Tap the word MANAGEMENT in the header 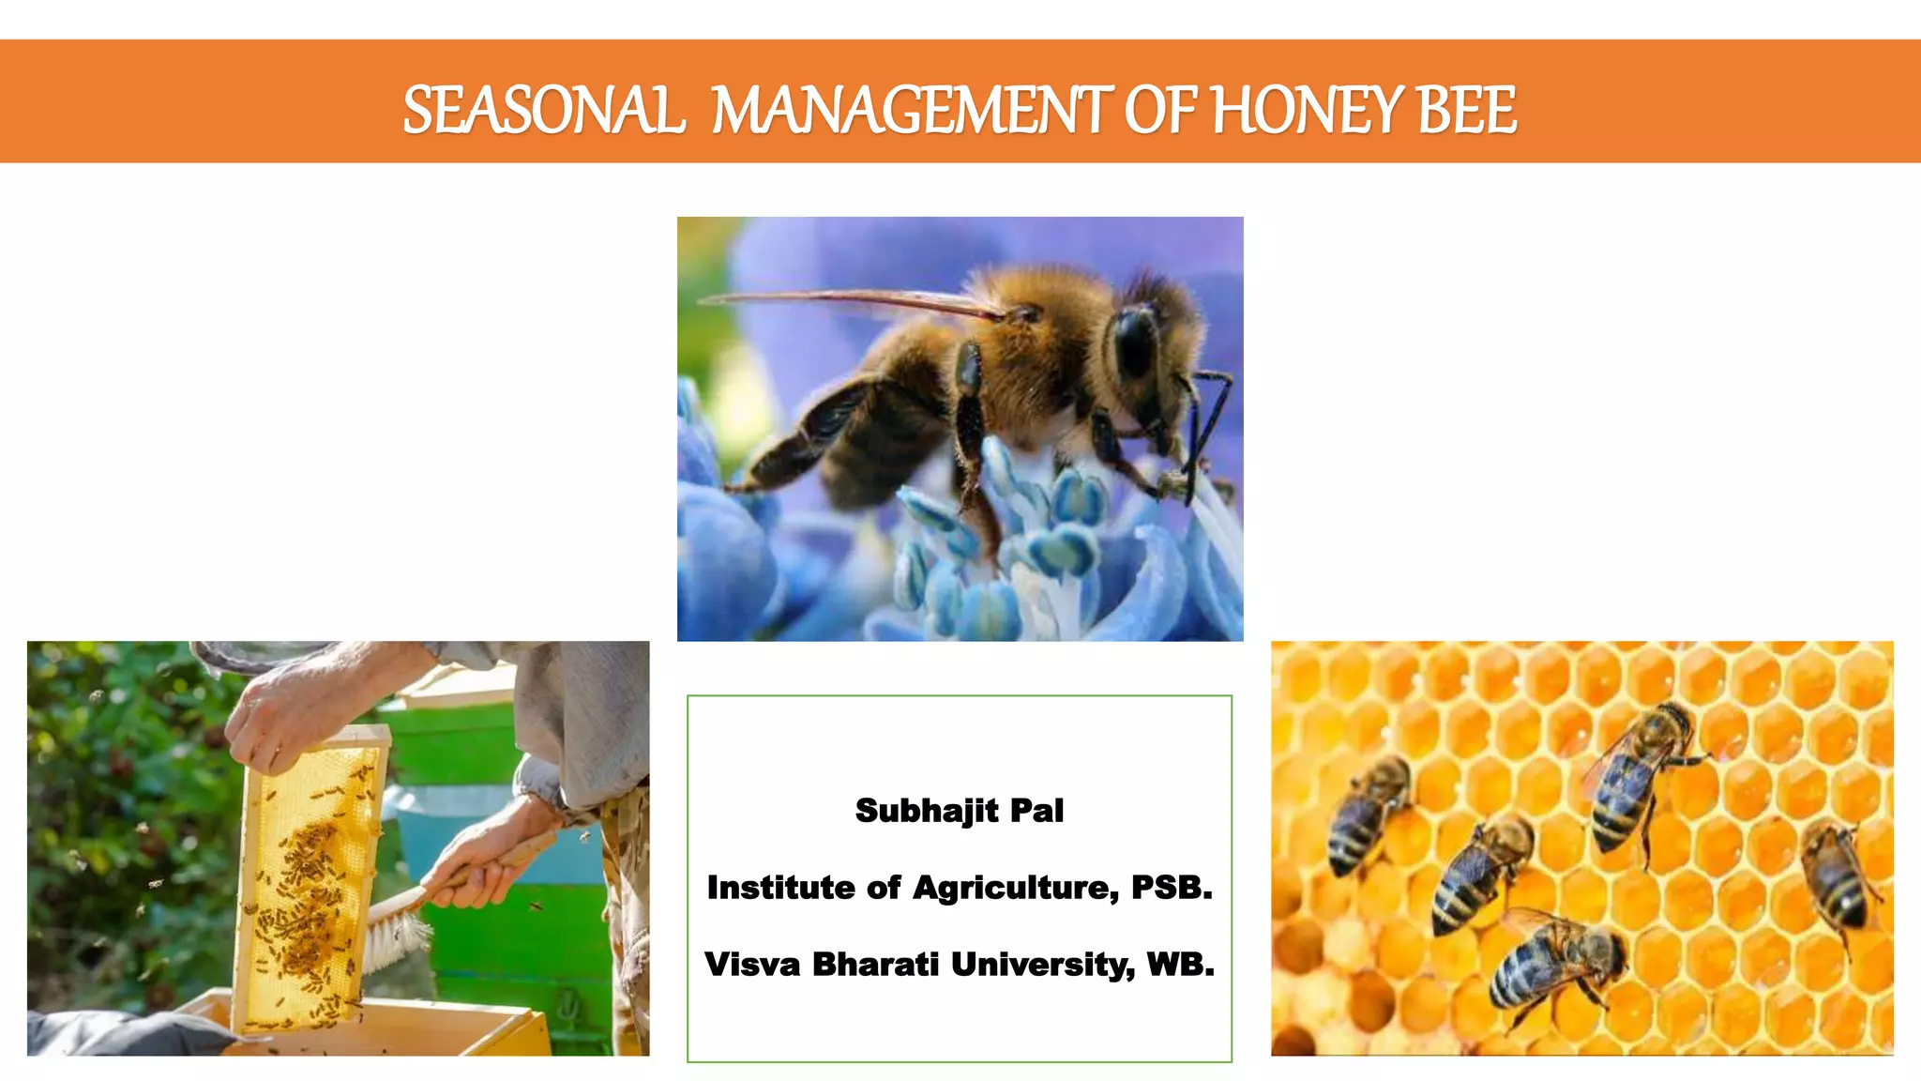pyautogui.click(x=912, y=111)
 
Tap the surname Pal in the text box pyautogui.click(x=1036, y=811)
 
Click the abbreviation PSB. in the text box pyautogui.click(x=1172, y=888)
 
